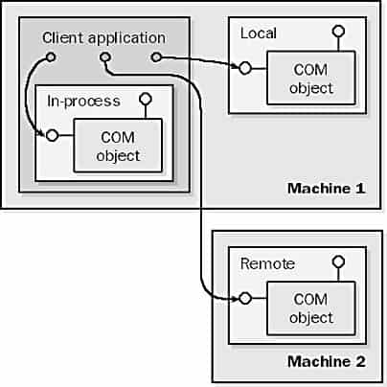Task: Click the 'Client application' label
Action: (103, 38)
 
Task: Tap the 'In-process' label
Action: (83, 102)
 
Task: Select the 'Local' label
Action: (259, 34)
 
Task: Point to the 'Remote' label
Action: (267, 263)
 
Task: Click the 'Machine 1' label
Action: (327, 188)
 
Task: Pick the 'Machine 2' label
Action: (327, 361)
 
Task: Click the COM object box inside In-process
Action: (118, 146)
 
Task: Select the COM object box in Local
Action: (311, 78)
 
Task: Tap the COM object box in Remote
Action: (311, 308)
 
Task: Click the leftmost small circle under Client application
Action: (51, 57)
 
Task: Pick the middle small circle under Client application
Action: (105, 57)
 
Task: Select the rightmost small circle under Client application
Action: (156, 57)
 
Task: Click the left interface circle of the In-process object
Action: (53, 135)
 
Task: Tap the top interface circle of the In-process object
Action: (146, 99)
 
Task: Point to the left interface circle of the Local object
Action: (245, 68)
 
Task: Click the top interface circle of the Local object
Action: (338, 32)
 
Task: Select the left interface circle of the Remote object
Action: (245, 298)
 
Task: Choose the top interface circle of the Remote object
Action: (338, 262)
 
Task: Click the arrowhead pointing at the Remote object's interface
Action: (236, 299)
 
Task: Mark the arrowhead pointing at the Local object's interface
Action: (236, 66)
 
